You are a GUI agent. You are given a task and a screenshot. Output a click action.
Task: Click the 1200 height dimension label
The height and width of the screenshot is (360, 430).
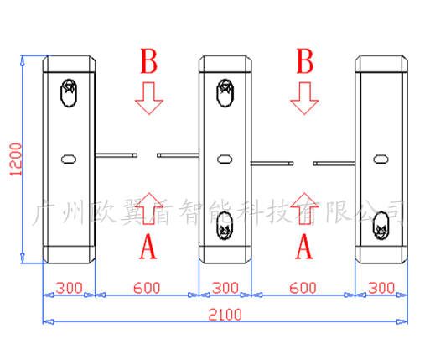(16, 159)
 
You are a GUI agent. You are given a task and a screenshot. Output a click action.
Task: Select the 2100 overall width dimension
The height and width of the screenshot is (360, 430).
(225, 315)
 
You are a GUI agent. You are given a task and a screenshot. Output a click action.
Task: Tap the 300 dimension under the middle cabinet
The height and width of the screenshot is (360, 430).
(225, 288)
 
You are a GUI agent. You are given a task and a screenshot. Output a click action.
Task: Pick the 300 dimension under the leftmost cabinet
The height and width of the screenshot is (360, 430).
(69, 288)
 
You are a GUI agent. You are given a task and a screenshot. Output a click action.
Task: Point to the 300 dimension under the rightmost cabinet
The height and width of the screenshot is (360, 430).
(381, 288)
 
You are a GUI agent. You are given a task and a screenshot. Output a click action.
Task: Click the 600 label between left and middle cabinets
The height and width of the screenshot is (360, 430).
(147, 288)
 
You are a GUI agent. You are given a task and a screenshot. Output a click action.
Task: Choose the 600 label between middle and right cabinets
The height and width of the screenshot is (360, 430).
(303, 288)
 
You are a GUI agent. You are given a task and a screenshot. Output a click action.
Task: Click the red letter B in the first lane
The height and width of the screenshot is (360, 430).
(148, 61)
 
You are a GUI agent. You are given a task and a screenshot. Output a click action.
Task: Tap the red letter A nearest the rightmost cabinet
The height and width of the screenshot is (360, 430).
(304, 247)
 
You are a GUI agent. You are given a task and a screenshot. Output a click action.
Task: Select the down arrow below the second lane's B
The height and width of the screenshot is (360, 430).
(304, 98)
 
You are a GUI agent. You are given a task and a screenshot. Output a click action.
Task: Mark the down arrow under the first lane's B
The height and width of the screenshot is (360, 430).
(149, 98)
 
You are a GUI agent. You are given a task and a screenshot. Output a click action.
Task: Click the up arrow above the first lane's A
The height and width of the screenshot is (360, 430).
(149, 208)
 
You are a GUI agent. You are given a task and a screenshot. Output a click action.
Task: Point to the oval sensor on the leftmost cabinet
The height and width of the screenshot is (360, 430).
(69, 93)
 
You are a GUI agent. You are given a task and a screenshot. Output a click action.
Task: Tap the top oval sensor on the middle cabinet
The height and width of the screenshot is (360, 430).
(225, 93)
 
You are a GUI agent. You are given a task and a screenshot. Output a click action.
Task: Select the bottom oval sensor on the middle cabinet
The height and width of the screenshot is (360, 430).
(225, 226)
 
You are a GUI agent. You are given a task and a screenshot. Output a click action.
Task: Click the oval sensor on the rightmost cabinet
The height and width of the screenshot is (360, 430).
(381, 226)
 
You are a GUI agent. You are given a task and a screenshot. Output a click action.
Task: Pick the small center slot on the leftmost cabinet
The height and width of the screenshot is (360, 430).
(69, 159)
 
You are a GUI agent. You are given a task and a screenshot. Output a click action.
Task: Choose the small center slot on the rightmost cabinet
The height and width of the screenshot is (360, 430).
(381, 159)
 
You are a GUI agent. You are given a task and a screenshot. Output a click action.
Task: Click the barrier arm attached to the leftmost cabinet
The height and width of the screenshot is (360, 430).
(117, 155)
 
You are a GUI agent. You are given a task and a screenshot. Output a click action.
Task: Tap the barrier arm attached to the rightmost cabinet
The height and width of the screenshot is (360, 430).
(334, 164)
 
